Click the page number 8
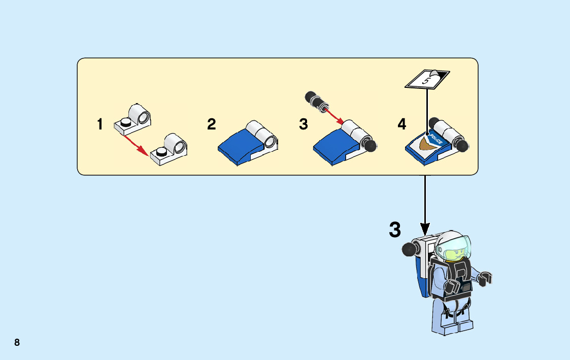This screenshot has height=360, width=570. point(17,342)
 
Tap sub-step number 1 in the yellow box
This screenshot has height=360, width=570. point(100,124)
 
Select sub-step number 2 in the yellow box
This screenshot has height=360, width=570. point(212,124)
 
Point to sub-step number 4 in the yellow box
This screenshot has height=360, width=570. point(401,124)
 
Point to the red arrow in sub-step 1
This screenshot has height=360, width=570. point(138,145)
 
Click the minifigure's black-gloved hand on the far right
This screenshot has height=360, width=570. point(486,278)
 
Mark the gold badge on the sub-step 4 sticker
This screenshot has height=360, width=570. point(424,146)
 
